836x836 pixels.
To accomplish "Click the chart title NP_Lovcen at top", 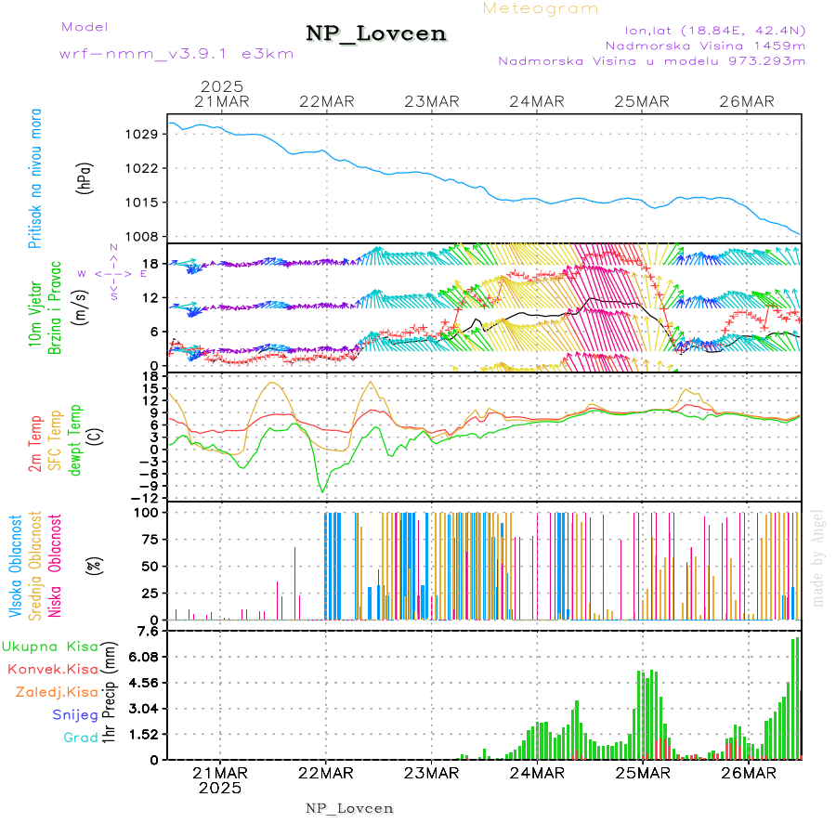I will click(x=376, y=34).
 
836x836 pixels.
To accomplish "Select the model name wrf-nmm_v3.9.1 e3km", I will click(x=176, y=53).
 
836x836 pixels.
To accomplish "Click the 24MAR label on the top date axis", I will click(x=537, y=101).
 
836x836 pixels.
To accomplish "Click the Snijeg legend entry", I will click(x=74, y=714).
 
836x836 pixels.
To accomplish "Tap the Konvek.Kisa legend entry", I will click(x=52, y=669).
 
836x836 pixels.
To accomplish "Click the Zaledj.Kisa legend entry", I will click(x=57, y=692).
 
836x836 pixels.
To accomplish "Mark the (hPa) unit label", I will click(x=85, y=177).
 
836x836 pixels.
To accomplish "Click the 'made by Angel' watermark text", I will click(x=818, y=557).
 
